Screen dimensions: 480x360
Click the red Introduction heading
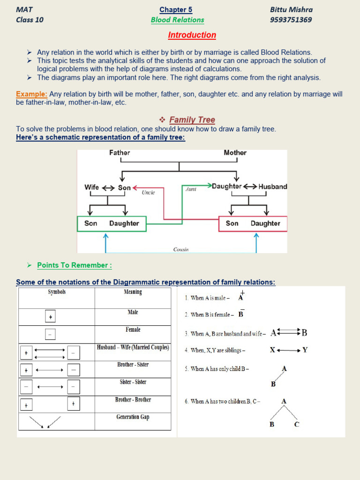[192, 35]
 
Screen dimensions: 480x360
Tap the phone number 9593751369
[291, 20]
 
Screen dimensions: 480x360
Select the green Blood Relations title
[177, 20]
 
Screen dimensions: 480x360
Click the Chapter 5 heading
[176, 9]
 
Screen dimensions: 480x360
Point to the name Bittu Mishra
[291, 9]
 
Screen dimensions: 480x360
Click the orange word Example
[31, 94]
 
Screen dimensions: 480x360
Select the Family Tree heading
[192, 120]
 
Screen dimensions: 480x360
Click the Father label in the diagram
[120, 153]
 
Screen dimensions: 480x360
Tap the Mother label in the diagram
[235, 153]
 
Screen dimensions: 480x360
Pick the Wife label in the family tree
[91, 187]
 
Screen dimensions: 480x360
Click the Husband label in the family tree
[273, 187]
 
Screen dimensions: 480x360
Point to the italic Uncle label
[148, 192]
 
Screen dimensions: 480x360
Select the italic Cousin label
[181, 250]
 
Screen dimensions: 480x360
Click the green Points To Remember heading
[75, 265]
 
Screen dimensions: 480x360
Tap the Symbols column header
[57, 292]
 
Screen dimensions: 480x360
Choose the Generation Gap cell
[133, 417]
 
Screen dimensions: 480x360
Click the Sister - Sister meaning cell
[133, 382]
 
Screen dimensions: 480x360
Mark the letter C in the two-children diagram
[296, 425]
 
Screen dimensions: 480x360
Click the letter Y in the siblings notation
[305, 350]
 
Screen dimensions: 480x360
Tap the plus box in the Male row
[51, 317]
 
